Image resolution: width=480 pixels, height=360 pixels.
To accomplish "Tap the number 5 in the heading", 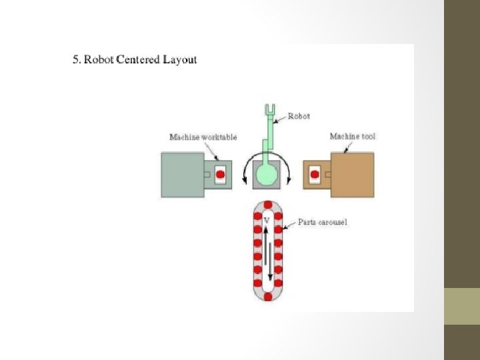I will pyautogui.click(x=75, y=60).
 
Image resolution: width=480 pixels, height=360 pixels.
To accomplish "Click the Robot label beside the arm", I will pyautogui.click(x=298, y=115).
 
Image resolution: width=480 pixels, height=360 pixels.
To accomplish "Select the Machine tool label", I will pyautogui.click(x=353, y=137).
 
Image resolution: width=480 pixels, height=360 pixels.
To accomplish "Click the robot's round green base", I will pyautogui.click(x=267, y=175).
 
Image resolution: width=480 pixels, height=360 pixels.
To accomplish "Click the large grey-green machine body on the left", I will pyautogui.click(x=181, y=174).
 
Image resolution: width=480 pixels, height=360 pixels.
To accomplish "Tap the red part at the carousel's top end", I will pyautogui.click(x=268, y=205).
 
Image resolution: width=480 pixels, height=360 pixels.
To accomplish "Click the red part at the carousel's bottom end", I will pyautogui.click(x=268, y=297).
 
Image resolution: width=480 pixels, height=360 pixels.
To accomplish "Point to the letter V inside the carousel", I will pyautogui.click(x=267, y=219).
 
